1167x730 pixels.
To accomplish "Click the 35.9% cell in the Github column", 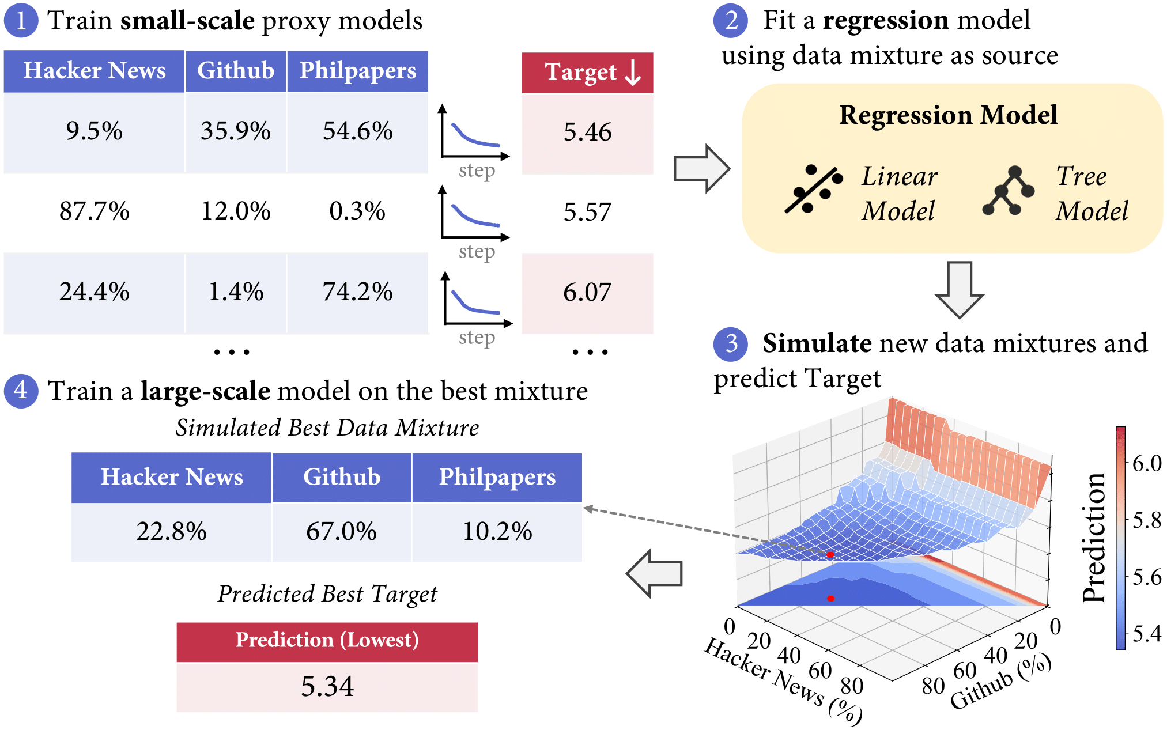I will click(235, 131).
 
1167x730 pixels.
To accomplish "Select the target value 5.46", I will click(587, 133).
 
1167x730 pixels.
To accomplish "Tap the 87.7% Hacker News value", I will click(94, 211).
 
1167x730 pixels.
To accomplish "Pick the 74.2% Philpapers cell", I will click(357, 292).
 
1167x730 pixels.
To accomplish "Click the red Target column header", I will click(587, 73).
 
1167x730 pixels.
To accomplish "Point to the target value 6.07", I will click(587, 293).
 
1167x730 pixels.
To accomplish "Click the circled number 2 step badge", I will click(730, 21).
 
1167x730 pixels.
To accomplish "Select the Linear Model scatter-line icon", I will click(813, 189).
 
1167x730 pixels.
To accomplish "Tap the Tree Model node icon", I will click(1008, 191).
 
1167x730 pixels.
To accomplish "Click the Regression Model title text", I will click(948, 115).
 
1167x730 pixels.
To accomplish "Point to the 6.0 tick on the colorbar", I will click(1146, 463).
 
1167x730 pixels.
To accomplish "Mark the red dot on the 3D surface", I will click(830, 555).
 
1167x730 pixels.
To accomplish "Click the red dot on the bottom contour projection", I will click(830, 599).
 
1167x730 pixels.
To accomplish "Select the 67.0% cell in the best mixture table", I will click(341, 531).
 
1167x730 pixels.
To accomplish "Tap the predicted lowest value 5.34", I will click(327, 687).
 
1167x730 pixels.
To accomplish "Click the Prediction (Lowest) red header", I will click(327, 641).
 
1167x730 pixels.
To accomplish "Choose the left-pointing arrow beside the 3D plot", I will click(655, 573).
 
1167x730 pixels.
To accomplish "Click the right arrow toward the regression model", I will click(702, 169).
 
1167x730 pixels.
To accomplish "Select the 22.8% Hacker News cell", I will click(171, 531).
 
